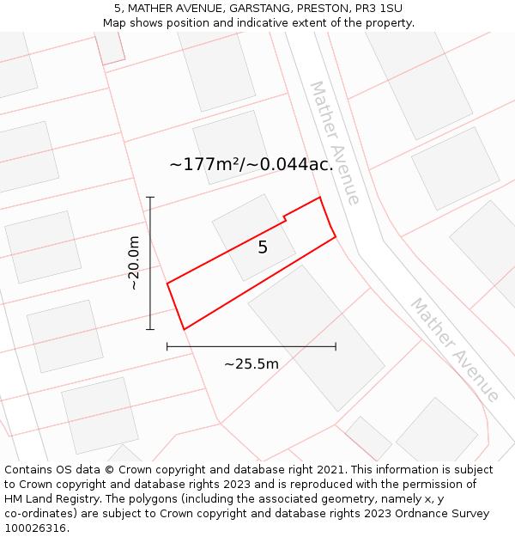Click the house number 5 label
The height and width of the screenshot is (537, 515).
pyautogui.click(x=263, y=247)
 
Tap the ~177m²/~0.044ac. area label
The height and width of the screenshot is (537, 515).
pyautogui.click(x=251, y=164)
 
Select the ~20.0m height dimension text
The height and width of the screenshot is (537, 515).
pyautogui.click(x=134, y=263)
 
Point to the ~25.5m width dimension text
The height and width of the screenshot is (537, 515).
pyautogui.click(x=251, y=363)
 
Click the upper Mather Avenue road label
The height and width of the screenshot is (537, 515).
pyautogui.click(x=335, y=143)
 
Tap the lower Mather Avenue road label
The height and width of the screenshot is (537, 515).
pyautogui.click(x=454, y=350)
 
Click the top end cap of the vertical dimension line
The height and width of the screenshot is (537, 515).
pyautogui.click(x=150, y=198)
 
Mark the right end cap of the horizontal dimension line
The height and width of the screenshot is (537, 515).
pyautogui.click(x=336, y=346)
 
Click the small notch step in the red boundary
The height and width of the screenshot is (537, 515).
pyautogui.click(x=285, y=219)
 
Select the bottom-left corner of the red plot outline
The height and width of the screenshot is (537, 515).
pyautogui.click(x=184, y=329)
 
